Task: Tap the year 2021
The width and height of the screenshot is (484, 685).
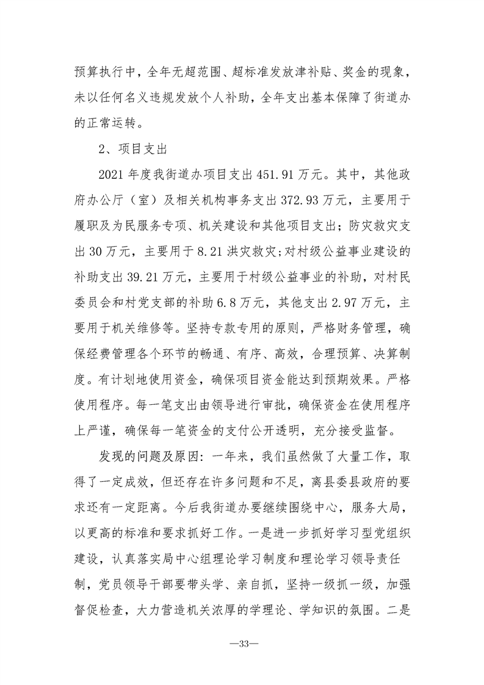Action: click(x=112, y=174)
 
